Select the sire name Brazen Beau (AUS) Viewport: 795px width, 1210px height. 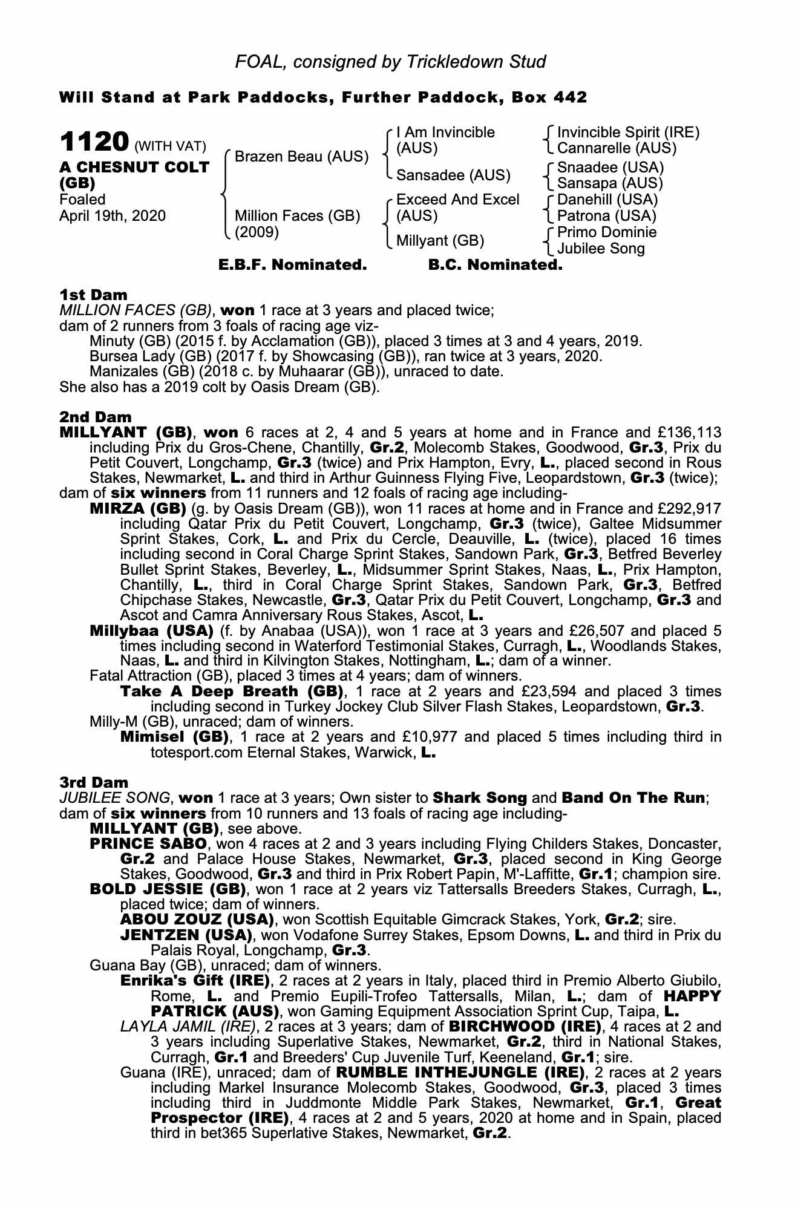coord(301,157)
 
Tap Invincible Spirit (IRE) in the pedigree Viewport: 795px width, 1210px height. coord(628,132)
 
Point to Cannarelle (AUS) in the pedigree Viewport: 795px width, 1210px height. coord(617,148)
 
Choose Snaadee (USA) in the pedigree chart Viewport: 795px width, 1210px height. coord(610,168)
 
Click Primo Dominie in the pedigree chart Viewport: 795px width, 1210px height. coord(607,232)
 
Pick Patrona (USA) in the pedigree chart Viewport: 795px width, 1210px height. coord(607,215)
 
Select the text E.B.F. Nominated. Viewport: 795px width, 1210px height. coord(292,265)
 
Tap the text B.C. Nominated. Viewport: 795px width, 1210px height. coord(495,265)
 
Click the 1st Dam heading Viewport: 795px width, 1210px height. coord(94,295)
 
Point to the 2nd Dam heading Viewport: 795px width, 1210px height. coord(96,417)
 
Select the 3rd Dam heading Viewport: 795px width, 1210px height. coord(94,782)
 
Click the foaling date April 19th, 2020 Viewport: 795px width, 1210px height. coord(113,216)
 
